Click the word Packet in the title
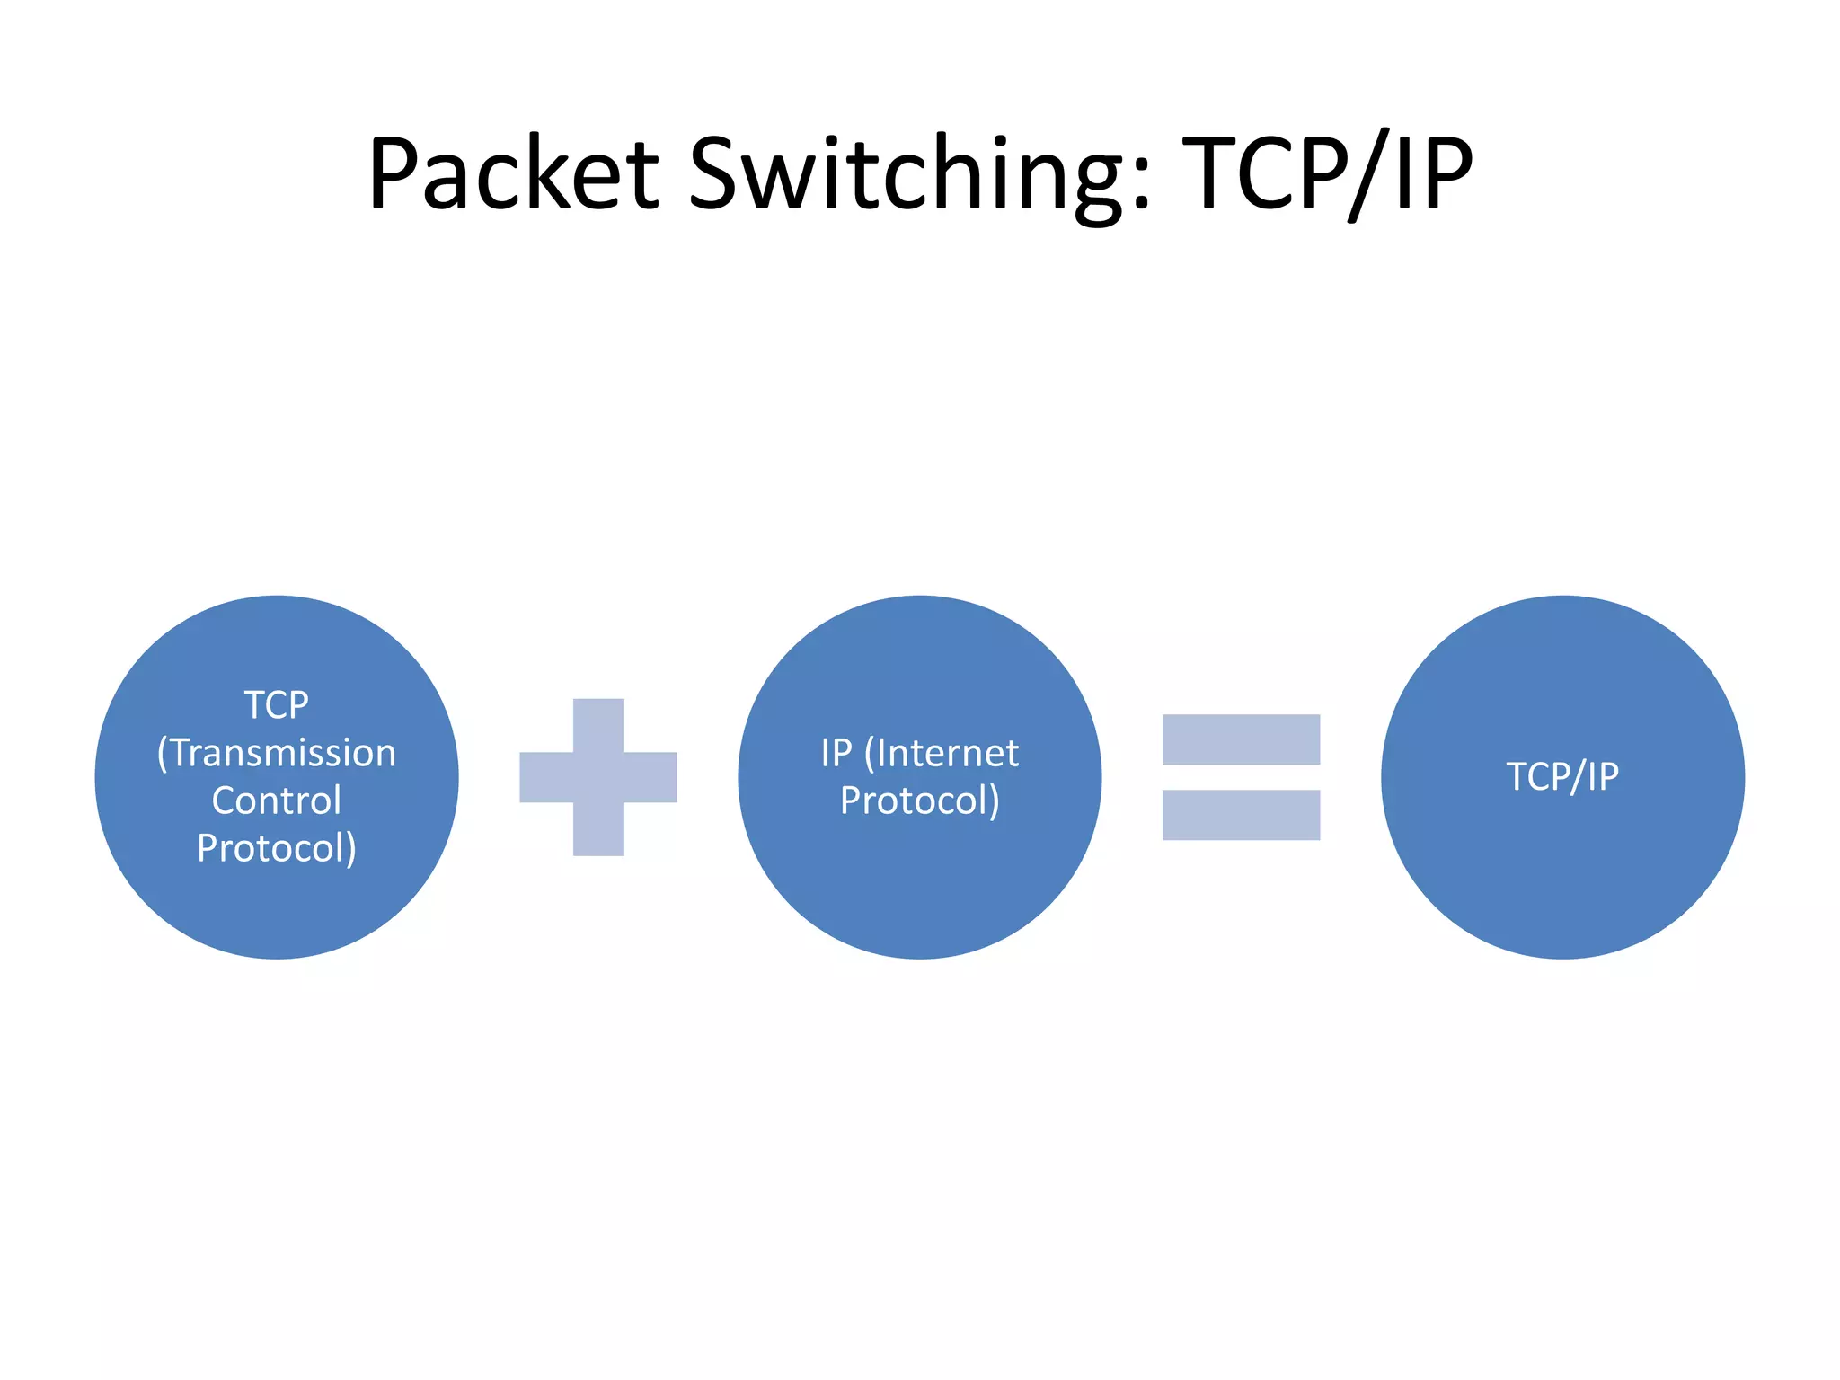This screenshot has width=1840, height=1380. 513,172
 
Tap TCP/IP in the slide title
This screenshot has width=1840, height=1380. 1327,172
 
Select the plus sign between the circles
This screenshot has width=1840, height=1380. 598,777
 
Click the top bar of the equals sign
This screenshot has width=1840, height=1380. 1241,739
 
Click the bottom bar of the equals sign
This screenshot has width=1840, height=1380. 1241,815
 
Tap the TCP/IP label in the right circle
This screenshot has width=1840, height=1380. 1562,776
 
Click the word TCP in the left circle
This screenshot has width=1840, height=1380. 277,705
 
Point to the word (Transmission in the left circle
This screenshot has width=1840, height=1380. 277,753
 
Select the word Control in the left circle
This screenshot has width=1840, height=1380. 277,801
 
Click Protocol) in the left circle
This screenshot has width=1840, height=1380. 277,848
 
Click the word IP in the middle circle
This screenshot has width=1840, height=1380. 836,753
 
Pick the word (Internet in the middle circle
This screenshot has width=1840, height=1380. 942,753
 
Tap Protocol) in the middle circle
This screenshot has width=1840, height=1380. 919,801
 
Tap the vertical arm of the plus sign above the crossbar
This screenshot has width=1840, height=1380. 598,724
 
